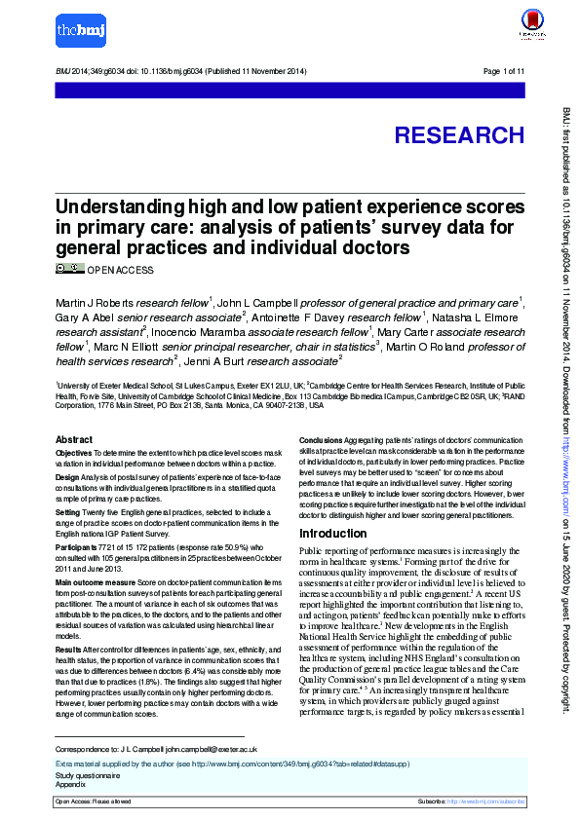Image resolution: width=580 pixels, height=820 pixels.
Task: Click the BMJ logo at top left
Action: click(79, 30)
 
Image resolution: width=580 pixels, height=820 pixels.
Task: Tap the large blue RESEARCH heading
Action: click(459, 135)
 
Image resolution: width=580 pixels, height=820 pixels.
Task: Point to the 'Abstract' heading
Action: click(74, 440)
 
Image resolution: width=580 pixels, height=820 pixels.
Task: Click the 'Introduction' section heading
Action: click(332, 535)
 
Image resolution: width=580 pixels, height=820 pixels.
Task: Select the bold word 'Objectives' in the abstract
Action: click(73, 454)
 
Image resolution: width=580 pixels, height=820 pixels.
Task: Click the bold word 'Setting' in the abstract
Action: click(68, 510)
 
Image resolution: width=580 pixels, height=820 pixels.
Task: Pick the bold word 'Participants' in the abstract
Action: click(77, 548)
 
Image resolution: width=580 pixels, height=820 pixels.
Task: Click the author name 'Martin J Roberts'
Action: click(95, 302)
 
